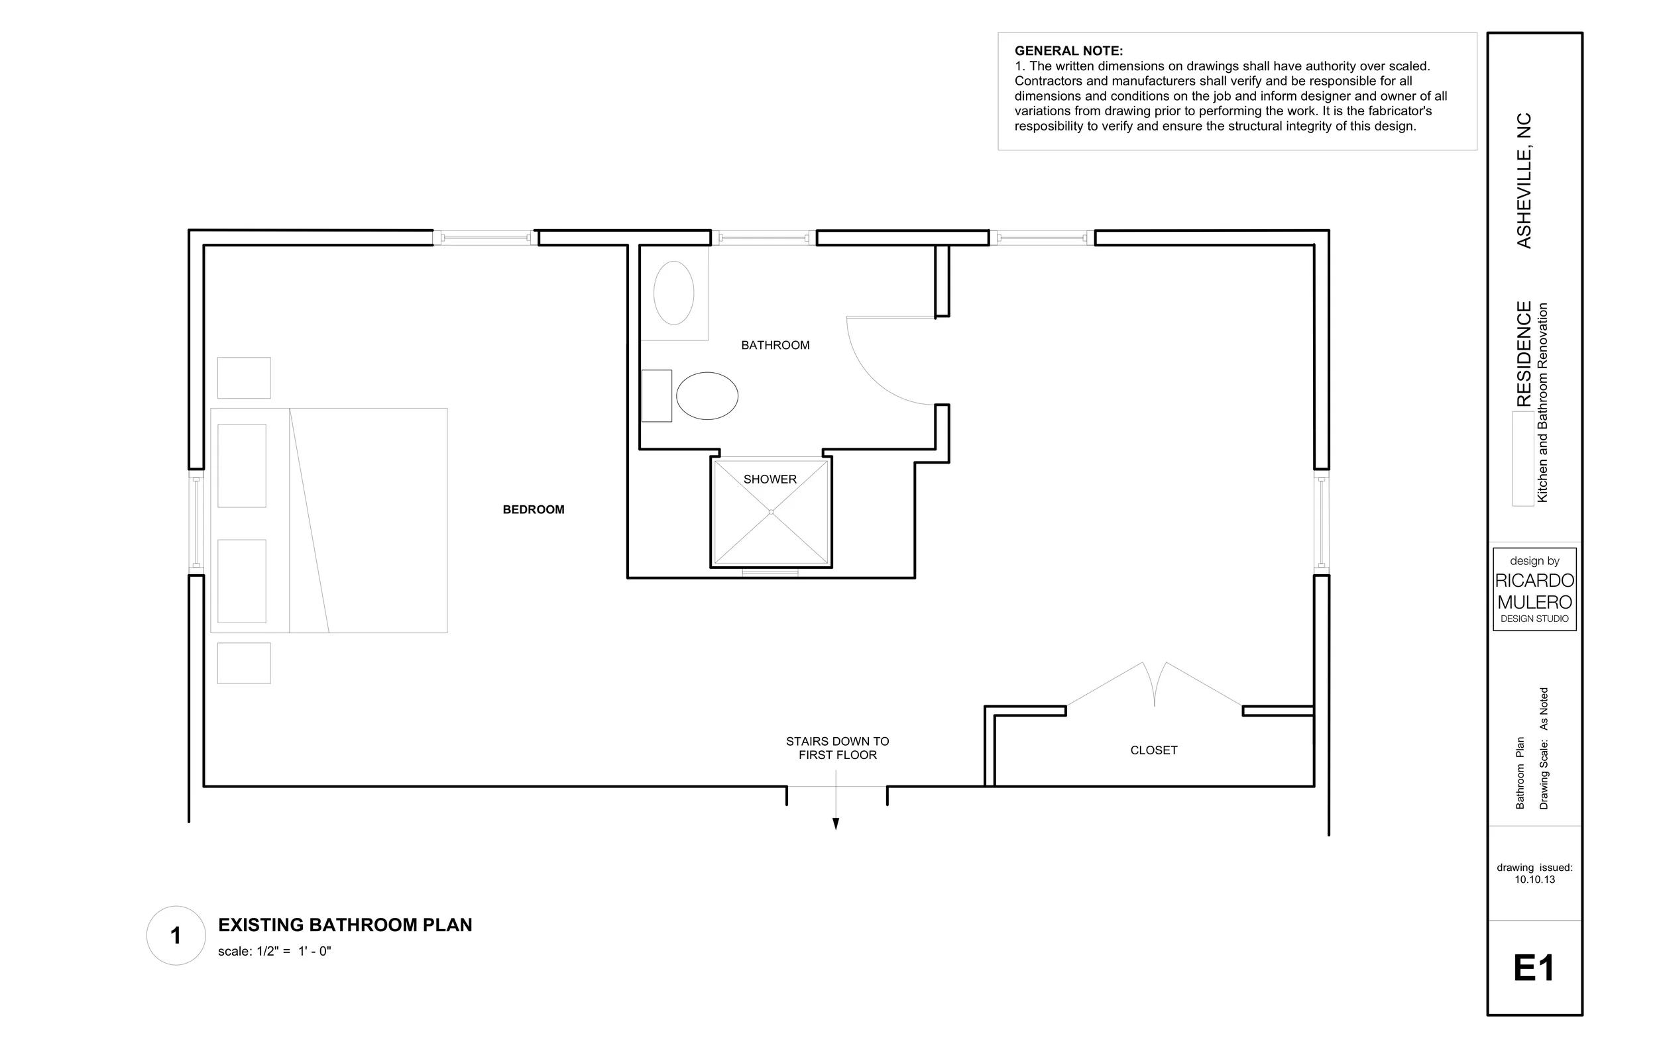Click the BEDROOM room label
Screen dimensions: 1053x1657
534,510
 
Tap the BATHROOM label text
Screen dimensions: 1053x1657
775,345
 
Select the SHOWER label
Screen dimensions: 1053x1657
770,479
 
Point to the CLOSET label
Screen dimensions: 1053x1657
1153,750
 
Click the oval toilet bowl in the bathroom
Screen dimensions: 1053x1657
707,396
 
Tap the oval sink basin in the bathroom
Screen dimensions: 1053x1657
673,293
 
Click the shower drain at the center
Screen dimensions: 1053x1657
771,512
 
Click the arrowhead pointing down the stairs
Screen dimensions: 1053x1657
835,824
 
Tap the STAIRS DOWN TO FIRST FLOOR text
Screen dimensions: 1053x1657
837,748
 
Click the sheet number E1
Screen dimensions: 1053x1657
1534,968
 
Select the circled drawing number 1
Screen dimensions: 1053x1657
176,935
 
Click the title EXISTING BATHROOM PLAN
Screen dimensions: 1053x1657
345,925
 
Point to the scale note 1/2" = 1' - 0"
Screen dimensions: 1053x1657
274,952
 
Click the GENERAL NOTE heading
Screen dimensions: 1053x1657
1068,51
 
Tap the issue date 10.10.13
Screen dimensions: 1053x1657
1534,879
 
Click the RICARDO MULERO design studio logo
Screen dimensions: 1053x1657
1534,589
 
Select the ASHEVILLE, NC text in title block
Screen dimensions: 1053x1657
1524,180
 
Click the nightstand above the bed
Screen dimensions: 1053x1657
244,377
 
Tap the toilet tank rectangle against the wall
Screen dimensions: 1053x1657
656,396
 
